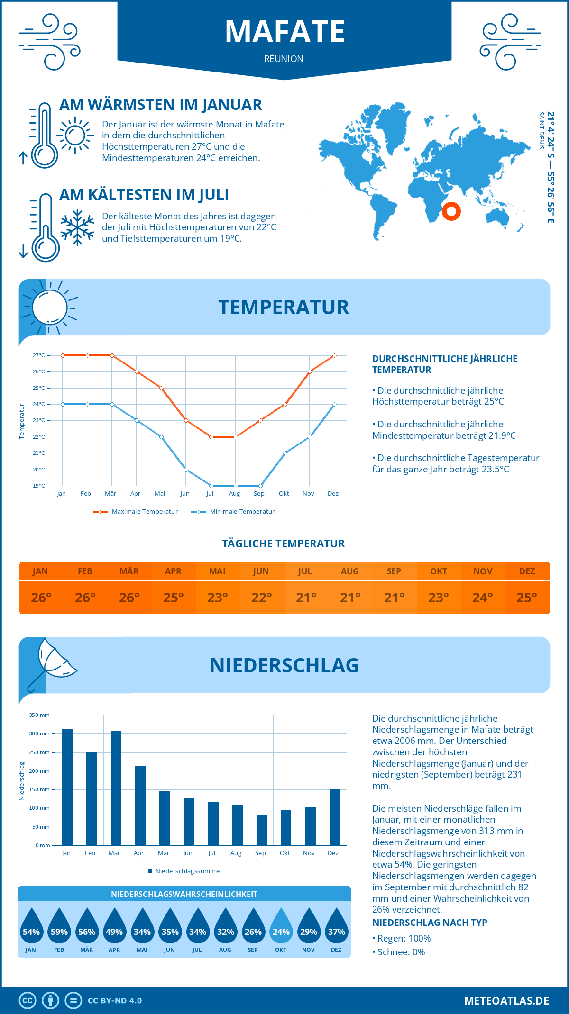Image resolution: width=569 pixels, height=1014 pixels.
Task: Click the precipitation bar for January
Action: (x=67, y=787)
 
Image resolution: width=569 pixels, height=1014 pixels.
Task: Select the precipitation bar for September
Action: (x=262, y=830)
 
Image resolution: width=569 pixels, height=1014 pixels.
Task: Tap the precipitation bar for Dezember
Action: (x=335, y=817)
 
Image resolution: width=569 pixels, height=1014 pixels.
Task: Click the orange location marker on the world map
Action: (x=451, y=211)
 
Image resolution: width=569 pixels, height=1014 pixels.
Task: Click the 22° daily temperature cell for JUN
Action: (x=262, y=598)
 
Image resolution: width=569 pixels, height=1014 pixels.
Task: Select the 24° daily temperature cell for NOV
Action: (x=483, y=598)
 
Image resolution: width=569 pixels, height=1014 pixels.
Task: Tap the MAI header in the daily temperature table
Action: (x=218, y=571)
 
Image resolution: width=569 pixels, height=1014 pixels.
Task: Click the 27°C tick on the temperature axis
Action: (x=39, y=355)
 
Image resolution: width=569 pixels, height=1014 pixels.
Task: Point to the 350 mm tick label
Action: (x=39, y=715)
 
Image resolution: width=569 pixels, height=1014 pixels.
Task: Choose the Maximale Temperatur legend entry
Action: (x=136, y=512)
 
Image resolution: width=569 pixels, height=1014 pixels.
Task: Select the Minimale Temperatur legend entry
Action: (x=233, y=512)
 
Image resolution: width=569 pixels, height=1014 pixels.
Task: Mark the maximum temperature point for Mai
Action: (x=161, y=388)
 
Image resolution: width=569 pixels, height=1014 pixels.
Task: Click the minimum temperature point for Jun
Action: (x=186, y=470)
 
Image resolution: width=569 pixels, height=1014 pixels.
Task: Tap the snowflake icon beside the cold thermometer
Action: (x=77, y=227)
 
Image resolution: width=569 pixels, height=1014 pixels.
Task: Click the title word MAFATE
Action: (x=284, y=32)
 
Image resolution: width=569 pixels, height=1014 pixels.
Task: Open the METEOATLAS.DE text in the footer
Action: (x=506, y=1001)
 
